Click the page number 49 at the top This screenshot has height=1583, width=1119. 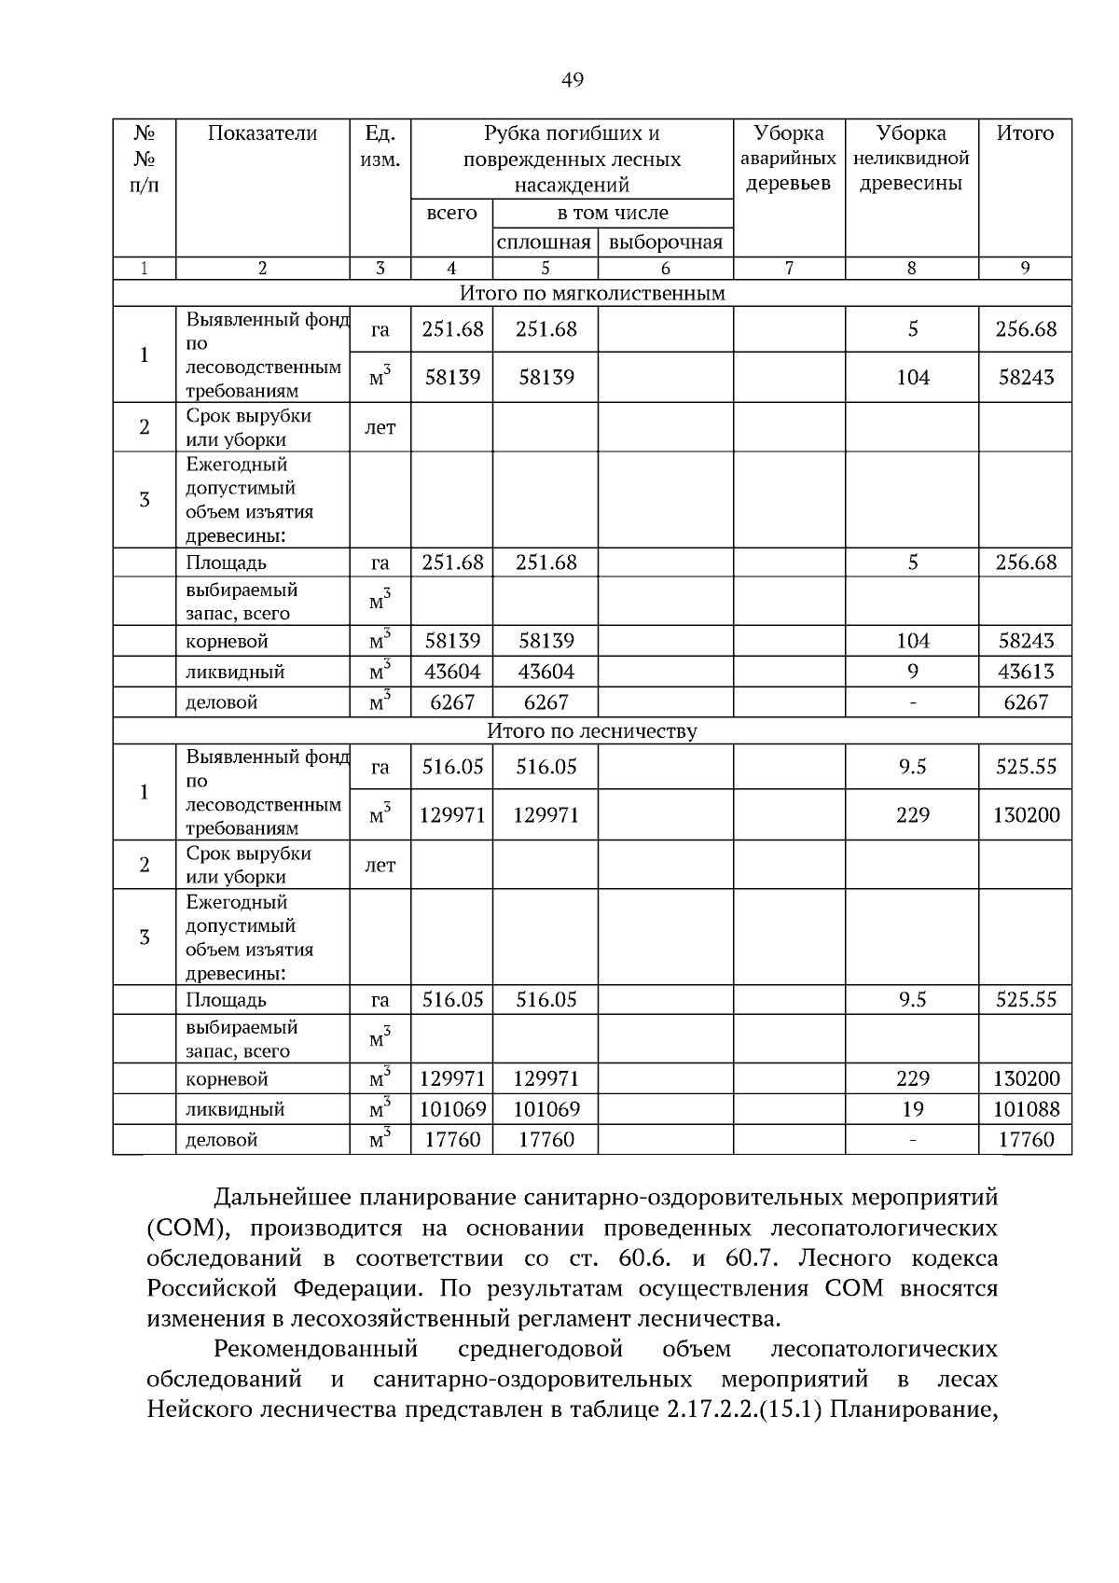573,80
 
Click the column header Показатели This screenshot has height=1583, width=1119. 262,133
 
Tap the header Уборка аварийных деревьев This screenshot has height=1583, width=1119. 789,158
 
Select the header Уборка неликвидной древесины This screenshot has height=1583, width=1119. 911,158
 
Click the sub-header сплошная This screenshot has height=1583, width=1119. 545,243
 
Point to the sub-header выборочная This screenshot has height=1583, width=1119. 665,243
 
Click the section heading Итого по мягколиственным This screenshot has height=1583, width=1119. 592,294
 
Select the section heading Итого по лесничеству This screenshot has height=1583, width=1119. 592,731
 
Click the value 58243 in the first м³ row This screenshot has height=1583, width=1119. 1026,378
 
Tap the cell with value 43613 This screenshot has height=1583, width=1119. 1026,672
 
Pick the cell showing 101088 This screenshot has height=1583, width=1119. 1026,1109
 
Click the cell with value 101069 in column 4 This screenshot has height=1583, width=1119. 452,1109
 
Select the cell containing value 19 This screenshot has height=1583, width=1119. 912,1109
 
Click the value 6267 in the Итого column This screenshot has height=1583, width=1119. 1026,702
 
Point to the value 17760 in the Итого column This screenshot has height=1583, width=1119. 1026,1140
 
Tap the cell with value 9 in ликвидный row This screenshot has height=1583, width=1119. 912,672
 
